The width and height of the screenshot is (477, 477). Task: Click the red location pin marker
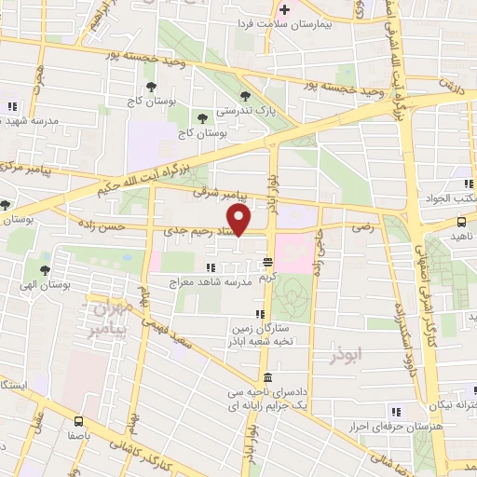point(240,220)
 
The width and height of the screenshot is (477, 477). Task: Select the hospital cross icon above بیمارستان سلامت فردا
point(286,8)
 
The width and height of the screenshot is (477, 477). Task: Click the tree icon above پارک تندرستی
point(245,95)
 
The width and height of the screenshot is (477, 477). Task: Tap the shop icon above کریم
point(267,262)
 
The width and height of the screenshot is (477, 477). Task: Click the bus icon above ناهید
point(462,221)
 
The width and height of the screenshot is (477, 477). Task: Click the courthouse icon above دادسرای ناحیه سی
point(267,377)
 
